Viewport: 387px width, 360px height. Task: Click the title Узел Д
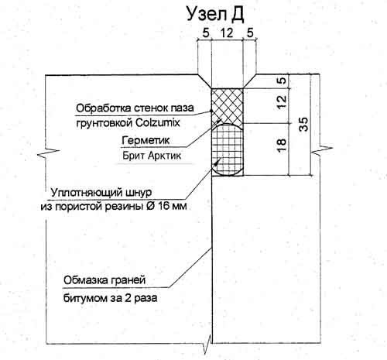point(215,15)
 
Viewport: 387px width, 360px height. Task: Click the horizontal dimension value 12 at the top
point(227,33)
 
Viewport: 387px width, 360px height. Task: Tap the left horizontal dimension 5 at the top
point(206,33)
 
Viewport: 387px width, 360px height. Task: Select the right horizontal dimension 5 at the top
point(250,33)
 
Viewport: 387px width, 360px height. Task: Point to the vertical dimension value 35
point(303,125)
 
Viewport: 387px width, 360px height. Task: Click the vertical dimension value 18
point(282,145)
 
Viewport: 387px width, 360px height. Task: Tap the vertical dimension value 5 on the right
point(283,80)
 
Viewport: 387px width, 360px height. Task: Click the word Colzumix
point(157,122)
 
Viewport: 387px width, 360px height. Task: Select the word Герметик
point(146,141)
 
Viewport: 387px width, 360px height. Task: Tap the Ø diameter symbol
point(147,207)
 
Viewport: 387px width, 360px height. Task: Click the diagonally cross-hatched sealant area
point(227,106)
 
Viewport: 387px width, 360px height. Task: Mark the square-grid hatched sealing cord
point(227,150)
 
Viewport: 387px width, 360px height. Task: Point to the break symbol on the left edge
point(49,153)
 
